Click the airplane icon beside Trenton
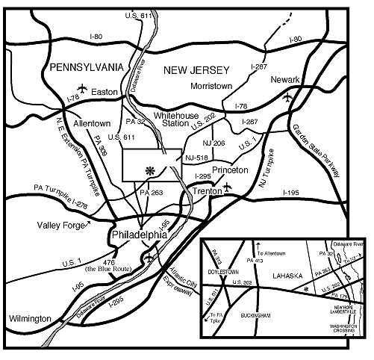coord(228,184)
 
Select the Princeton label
coord(230,170)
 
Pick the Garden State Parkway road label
coord(315,149)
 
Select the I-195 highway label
coord(291,193)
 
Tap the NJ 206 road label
coord(214,143)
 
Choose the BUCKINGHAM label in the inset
coord(277,326)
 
